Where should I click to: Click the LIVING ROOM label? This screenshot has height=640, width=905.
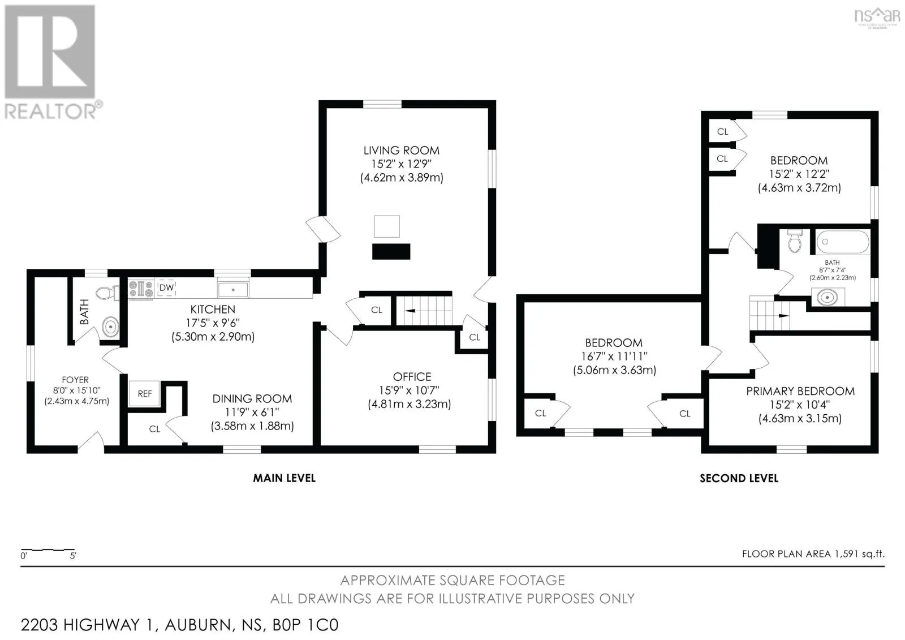401,151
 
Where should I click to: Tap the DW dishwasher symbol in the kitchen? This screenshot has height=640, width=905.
166,287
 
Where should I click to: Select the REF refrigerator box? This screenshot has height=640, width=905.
144,393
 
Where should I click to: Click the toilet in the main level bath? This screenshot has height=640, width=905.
107,293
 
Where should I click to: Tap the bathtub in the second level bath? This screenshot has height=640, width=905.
843,242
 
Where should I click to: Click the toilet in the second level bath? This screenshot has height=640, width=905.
794,241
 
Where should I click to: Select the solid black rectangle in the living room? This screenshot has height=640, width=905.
391,251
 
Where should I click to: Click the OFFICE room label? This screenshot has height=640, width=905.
412,377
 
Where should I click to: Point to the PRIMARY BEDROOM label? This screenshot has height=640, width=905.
800,392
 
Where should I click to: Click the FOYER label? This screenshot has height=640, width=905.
75,380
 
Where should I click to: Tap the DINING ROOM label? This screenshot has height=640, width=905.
252,398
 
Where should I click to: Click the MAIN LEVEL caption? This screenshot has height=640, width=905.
284,478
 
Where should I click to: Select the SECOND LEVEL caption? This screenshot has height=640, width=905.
739,478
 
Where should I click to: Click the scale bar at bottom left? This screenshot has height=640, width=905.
48,550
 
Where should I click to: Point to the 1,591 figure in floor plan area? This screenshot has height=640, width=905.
843,554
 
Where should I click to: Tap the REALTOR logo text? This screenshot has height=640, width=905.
50,111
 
